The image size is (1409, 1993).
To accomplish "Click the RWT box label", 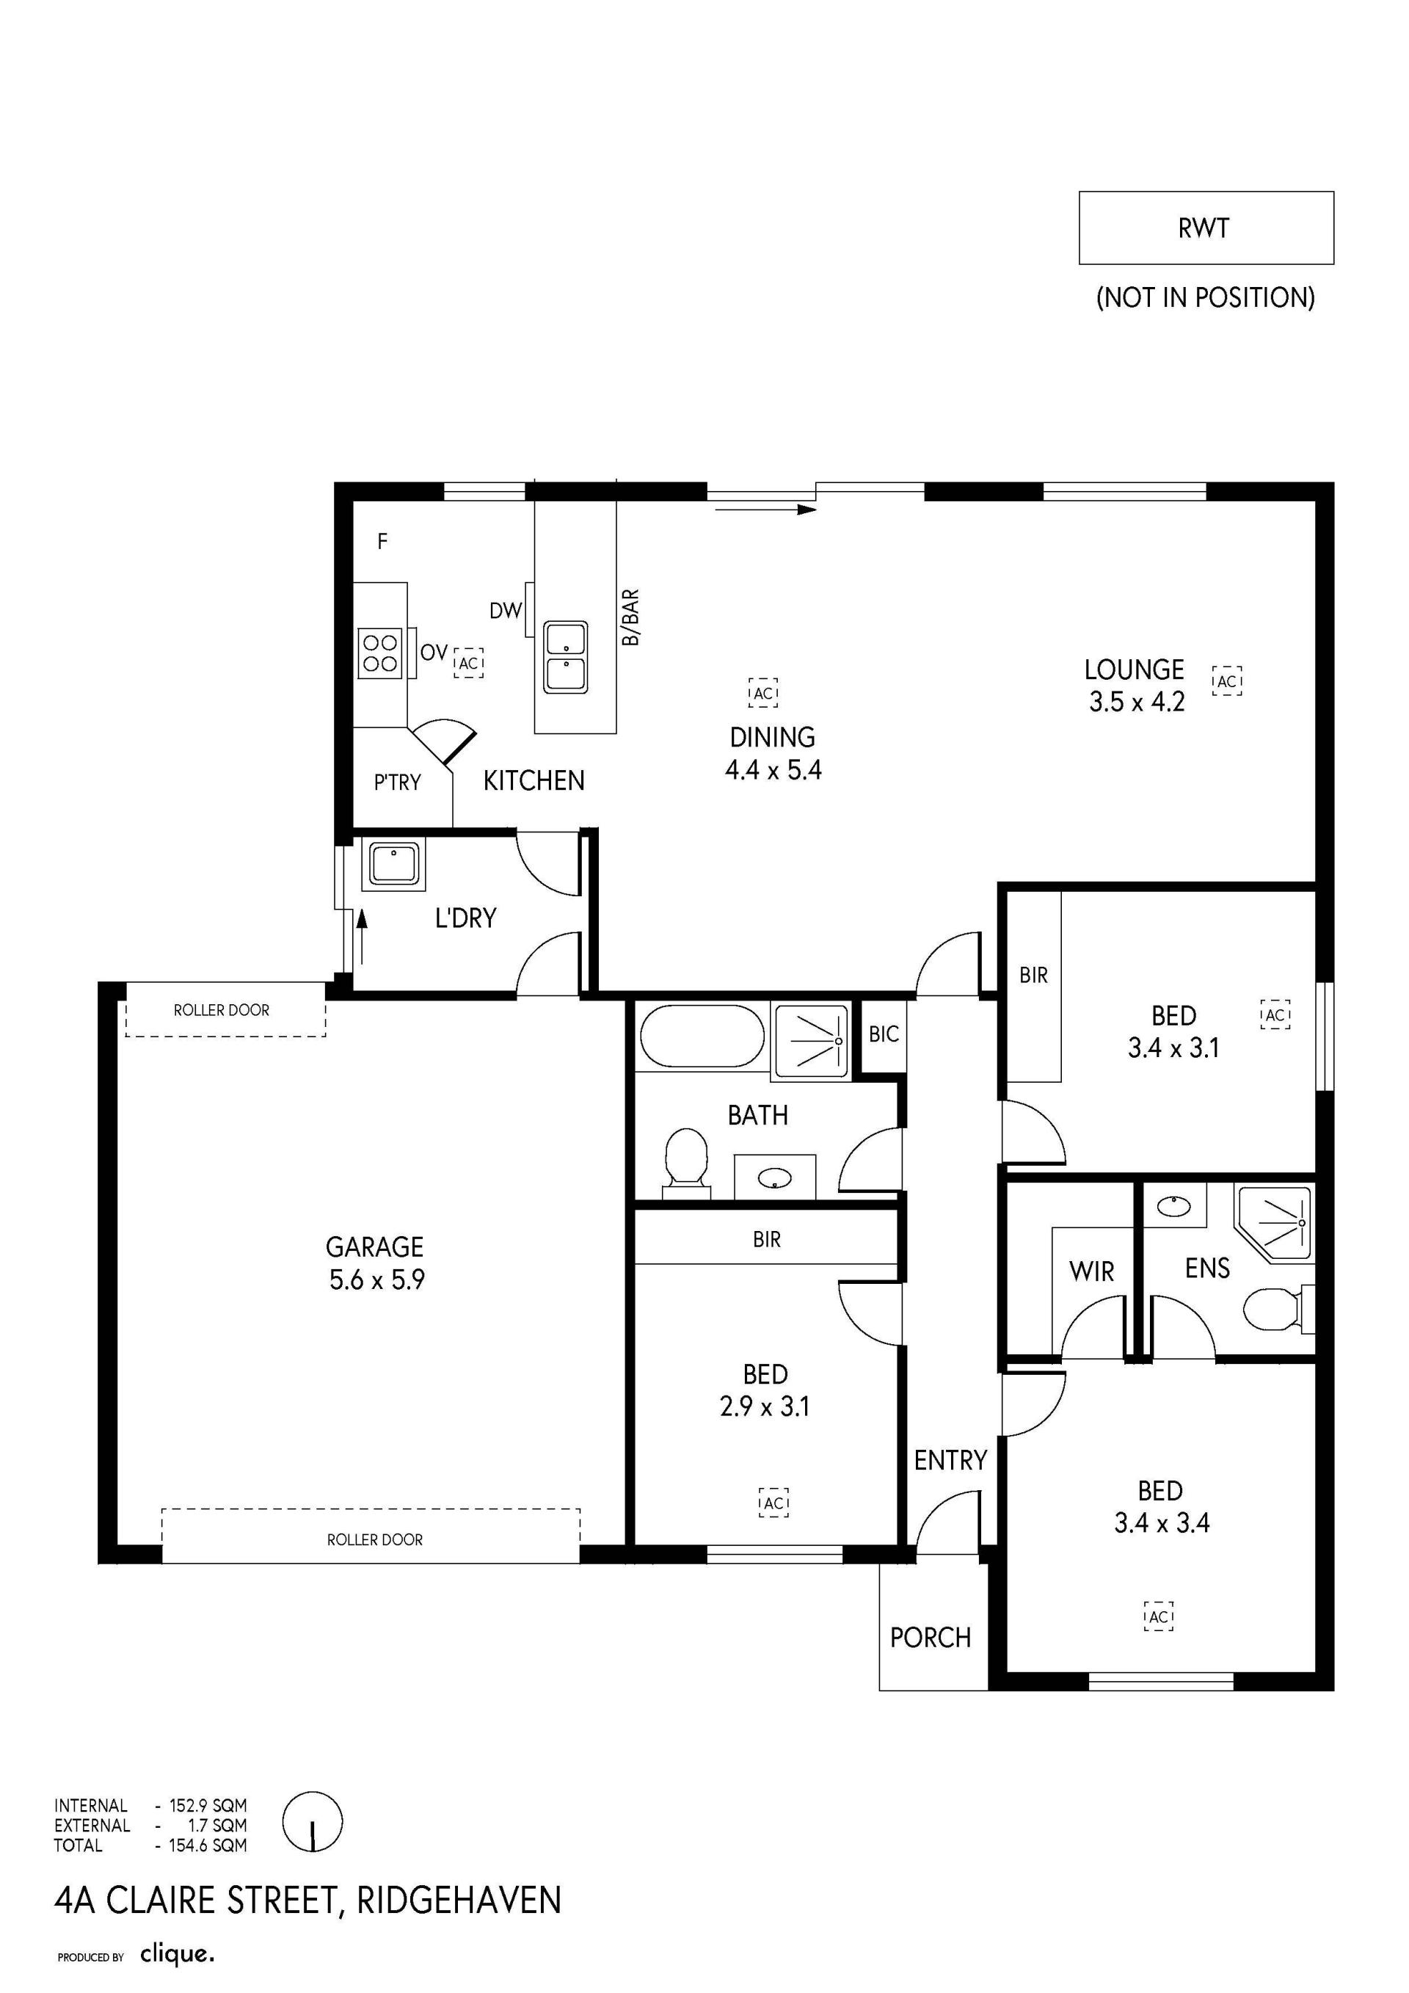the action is [x=1204, y=228].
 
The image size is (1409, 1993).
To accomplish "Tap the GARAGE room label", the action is [x=375, y=1247].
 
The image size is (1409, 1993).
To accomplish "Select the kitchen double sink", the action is [x=565, y=656].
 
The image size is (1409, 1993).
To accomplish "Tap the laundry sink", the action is [x=395, y=864].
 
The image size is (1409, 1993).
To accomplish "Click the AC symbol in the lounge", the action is [x=1227, y=680].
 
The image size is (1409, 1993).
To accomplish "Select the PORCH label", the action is [x=930, y=1637].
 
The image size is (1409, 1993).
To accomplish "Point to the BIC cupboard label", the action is [x=884, y=1034].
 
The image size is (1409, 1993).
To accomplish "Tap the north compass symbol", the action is [x=313, y=1822].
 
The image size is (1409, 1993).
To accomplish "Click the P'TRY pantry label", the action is [x=397, y=782].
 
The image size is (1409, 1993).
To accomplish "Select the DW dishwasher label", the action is [x=506, y=610].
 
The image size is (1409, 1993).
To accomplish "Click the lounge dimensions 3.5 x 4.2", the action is [x=1137, y=701].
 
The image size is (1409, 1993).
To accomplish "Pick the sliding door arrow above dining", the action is [x=766, y=509].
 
